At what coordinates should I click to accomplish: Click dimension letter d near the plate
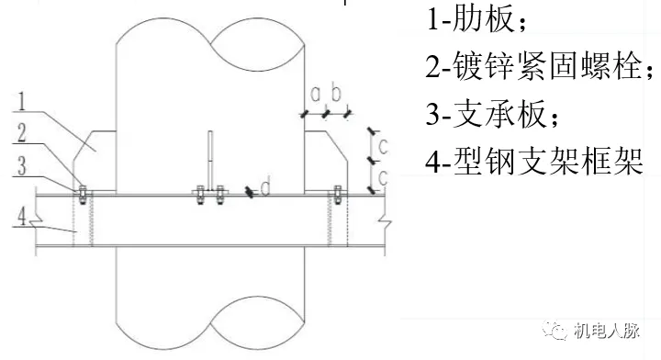click(x=265, y=188)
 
